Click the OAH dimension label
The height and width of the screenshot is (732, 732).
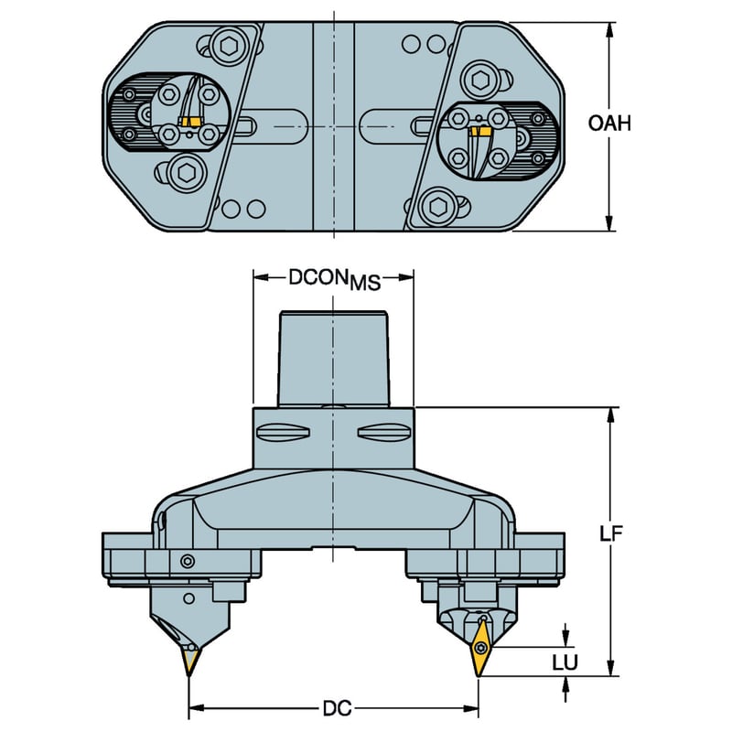(609, 124)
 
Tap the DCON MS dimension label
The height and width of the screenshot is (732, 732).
(335, 279)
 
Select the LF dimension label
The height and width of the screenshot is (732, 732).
(611, 534)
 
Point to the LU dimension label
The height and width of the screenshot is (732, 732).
(565, 662)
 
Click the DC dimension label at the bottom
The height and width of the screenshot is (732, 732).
(337, 708)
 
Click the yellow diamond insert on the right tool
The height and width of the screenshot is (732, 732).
(481, 647)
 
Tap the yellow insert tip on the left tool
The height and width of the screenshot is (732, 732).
(190, 662)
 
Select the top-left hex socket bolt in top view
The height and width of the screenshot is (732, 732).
(227, 47)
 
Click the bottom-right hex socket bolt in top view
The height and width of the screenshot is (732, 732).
(438, 207)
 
